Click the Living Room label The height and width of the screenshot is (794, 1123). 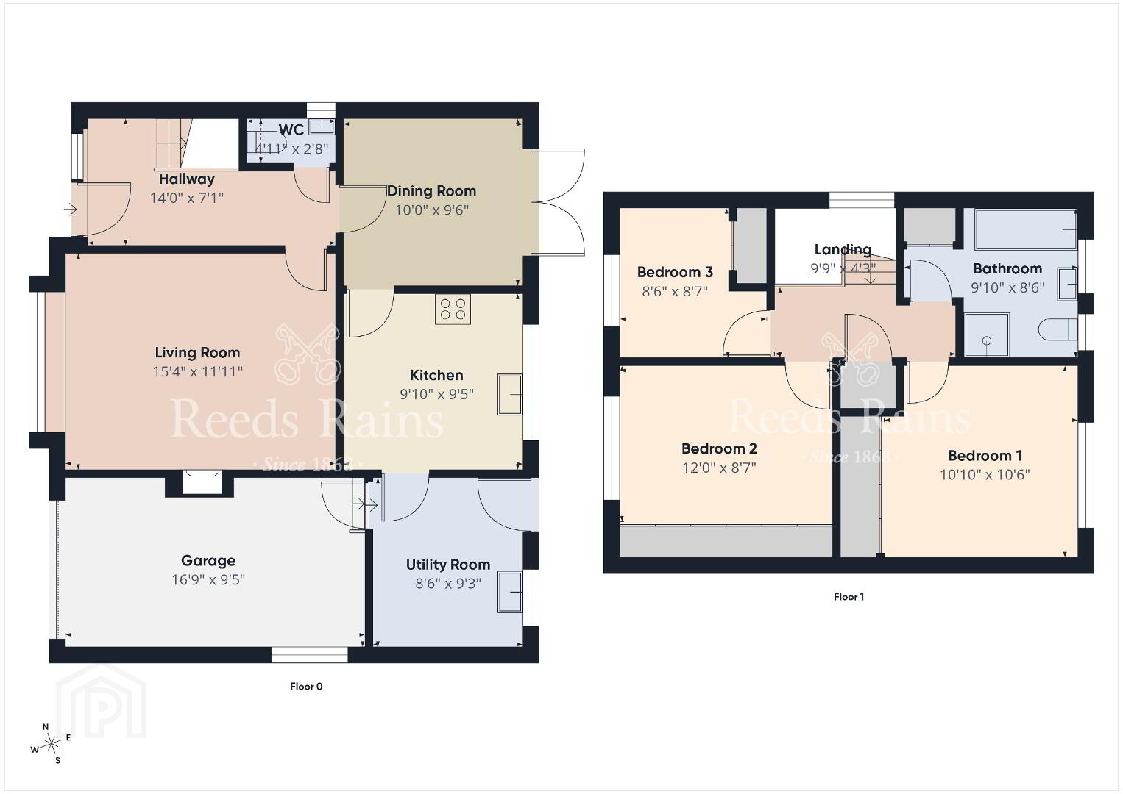(x=197, y=353)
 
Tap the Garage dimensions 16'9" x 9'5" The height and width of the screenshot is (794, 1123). (x=208, y=579)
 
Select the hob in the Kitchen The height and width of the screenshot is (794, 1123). (x=453, y=309)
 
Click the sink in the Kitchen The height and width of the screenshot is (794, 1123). (x=510, y=394)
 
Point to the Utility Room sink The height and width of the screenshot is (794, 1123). (x=510, y=592)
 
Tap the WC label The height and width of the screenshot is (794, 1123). (x=291, y=129)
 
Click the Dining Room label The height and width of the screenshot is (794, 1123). (x=432, y=191)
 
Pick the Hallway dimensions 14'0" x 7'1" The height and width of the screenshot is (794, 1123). (x=186, y=198)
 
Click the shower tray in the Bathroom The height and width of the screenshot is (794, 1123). (x=987, y=335)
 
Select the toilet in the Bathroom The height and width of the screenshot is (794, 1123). (x=1058, y=330)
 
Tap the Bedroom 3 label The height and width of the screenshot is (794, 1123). (x=675, y=272)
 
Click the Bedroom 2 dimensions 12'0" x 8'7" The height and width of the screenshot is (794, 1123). (x=719, y=468)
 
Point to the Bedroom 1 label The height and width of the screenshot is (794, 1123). (x=985, y=456)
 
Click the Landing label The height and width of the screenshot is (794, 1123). (x=843, y=249)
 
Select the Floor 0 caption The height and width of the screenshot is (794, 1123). (x=306, y=687)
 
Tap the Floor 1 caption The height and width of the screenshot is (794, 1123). (x=849, y=597)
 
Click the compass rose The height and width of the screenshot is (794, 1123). (x=50, y=745)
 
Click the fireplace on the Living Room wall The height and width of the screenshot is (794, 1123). (x=200, y=482)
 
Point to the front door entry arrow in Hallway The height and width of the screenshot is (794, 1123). (x=70, y=209)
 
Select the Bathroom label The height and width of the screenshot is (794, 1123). (x=1007, y=268)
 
